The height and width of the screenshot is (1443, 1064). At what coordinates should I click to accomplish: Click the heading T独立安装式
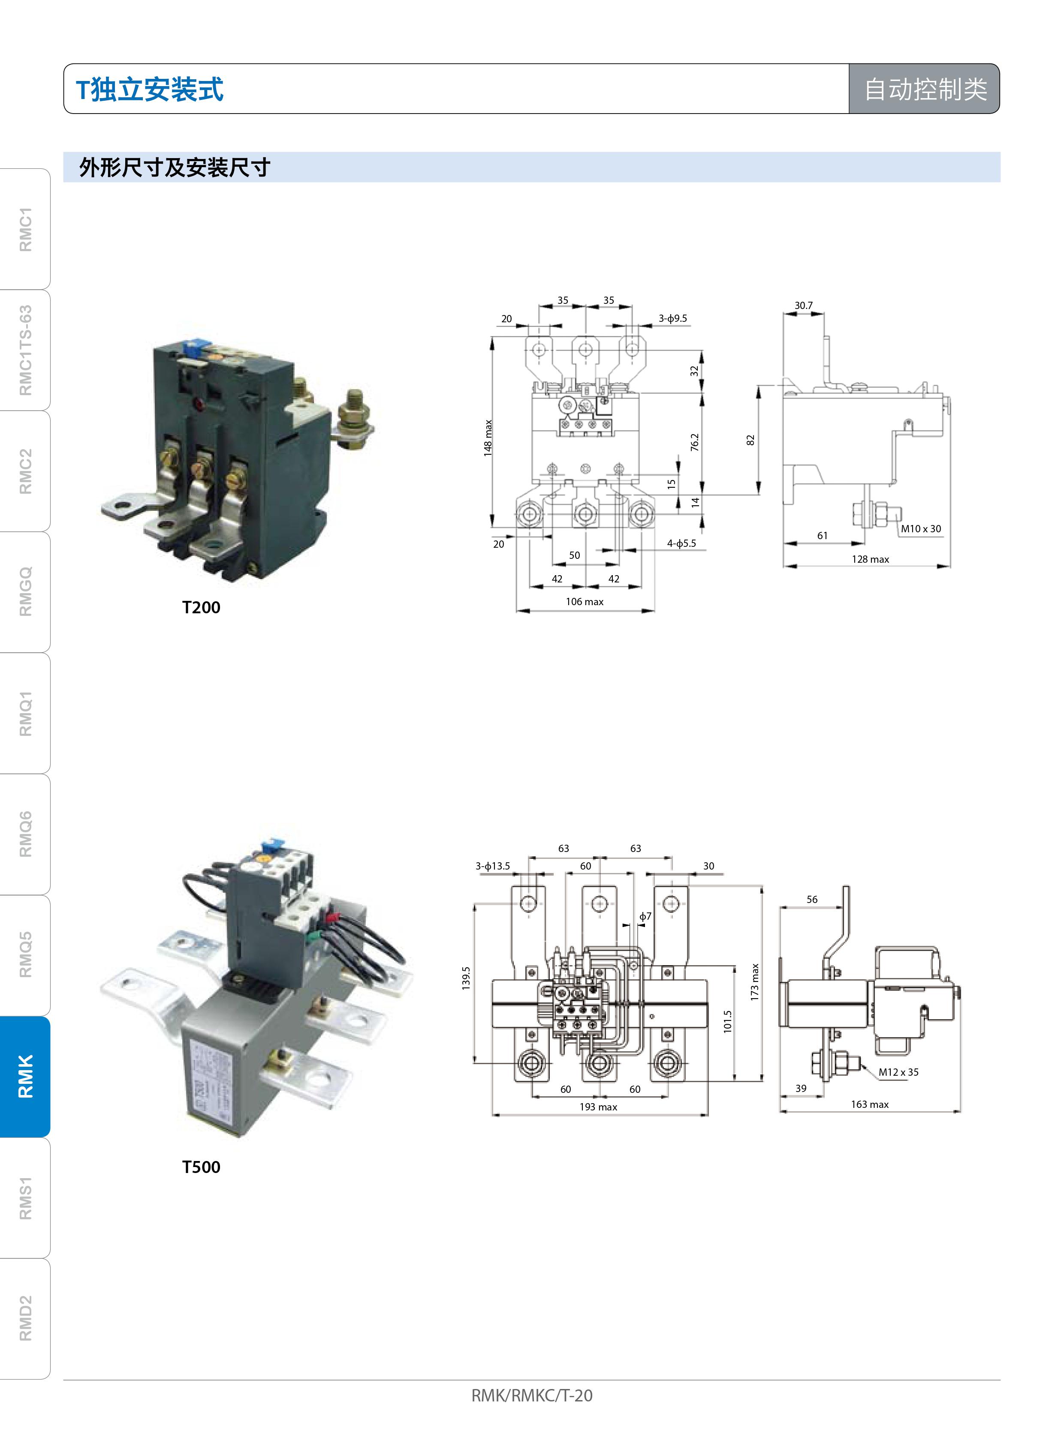coord(149,89)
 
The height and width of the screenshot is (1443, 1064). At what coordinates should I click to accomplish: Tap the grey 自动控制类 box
coord(924,89)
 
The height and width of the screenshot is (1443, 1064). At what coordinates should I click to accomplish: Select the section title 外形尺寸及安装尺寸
coord(175,167)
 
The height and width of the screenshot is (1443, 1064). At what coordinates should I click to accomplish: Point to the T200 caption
coord(201,608)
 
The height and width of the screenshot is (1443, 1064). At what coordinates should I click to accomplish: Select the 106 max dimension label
coord(585,602)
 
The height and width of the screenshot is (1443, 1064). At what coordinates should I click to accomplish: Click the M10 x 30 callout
coord(921,528)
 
